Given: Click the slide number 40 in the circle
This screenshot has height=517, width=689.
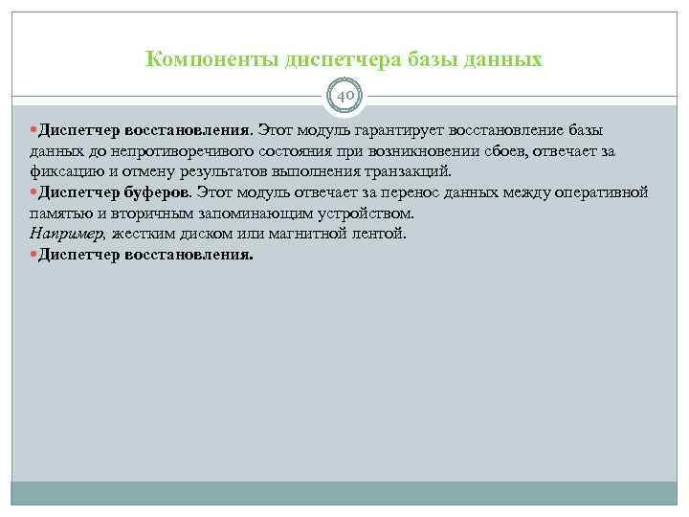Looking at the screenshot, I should point(344,97).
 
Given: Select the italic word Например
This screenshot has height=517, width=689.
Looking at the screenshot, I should point(67,235).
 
